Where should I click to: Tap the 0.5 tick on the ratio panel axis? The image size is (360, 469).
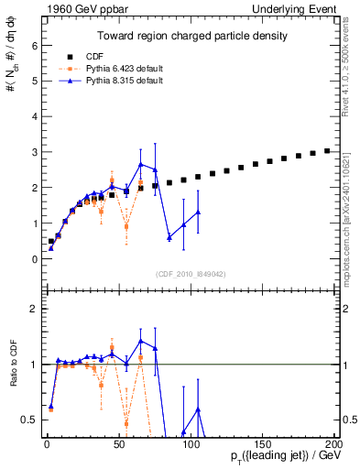(27, 420)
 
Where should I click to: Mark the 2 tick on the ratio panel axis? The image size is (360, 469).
(31, 309)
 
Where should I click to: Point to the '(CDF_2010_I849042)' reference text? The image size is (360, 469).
(191, 274)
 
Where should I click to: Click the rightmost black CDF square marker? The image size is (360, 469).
(327, 150)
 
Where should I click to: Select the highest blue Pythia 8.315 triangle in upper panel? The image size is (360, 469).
(140, 165)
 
